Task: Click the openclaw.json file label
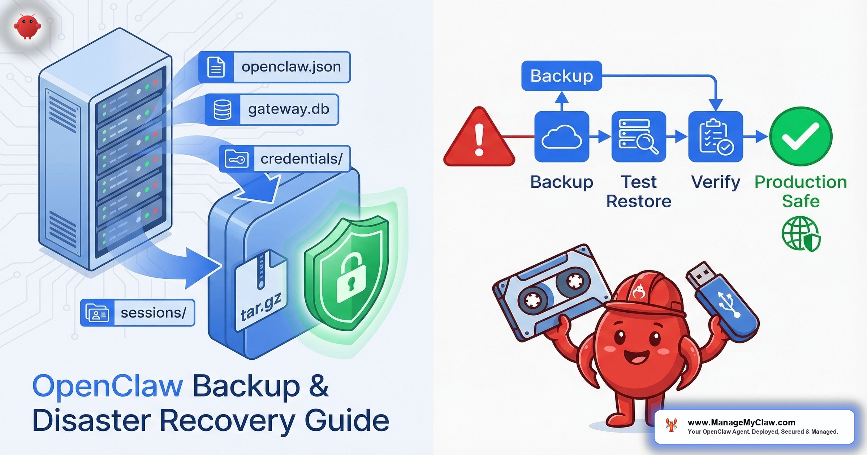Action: (x=291, y=67)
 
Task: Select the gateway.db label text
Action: (x=288, y=109)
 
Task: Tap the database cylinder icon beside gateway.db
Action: (x=222, y=109)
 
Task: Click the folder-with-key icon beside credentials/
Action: (x=237, y=159)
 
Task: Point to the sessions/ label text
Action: (x=153, y=313)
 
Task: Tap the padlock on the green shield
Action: (x=350, y=278)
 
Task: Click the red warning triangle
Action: (x=479, y=139)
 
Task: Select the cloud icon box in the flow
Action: (x=562, y=136)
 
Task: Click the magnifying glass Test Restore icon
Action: (x=639, y=136)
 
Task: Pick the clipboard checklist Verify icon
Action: (x=716, y=136)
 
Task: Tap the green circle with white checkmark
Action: (x=801, y=136)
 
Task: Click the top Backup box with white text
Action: (x=562, y=76)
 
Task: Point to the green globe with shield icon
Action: (x=801, y=234)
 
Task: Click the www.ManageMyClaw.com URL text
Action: (x=741, y=422)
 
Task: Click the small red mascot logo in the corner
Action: (x=27, y=26)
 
